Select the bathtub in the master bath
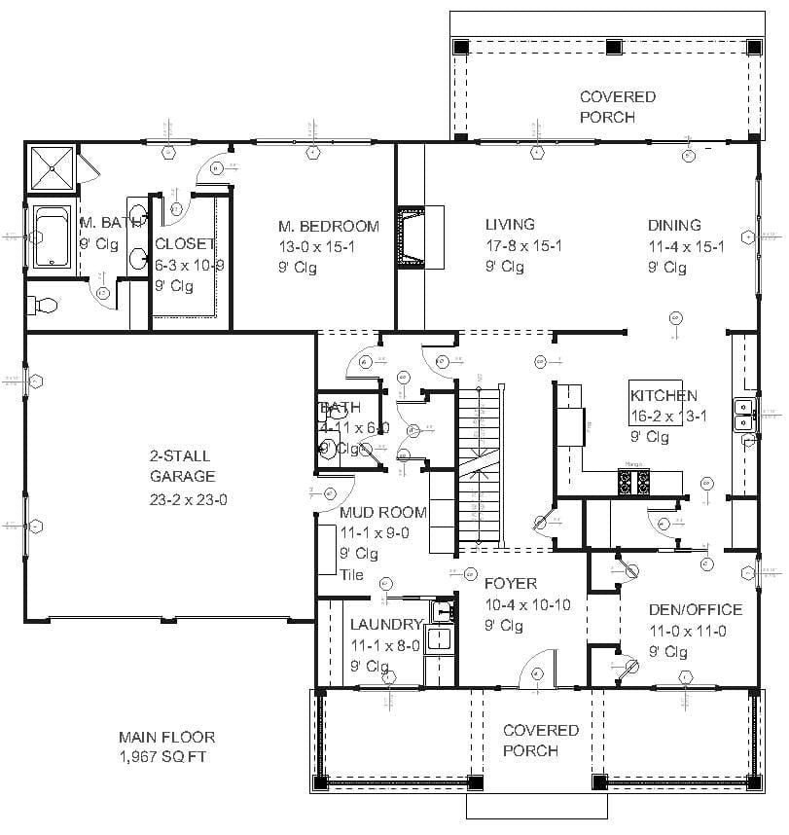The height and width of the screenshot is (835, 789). tap(50, 236)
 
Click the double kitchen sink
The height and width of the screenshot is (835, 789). tap(744, 414)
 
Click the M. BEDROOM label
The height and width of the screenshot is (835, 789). tap(329, 226)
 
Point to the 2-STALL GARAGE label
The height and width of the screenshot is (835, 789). tap(181, 466)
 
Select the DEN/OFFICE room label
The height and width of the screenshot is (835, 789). tap(695, 610)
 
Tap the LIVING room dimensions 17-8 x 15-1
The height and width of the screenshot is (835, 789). tap(523, 246)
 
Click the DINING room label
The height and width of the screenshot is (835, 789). tap(674, 226)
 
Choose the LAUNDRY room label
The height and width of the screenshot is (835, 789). tap(386, 625)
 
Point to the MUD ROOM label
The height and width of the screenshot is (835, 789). tap(383, 512)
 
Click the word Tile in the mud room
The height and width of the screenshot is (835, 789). tap(351, 574)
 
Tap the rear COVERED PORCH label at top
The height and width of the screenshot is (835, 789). tap(618, 107)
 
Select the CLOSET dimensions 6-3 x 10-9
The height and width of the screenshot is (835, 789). tap(191, 266)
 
